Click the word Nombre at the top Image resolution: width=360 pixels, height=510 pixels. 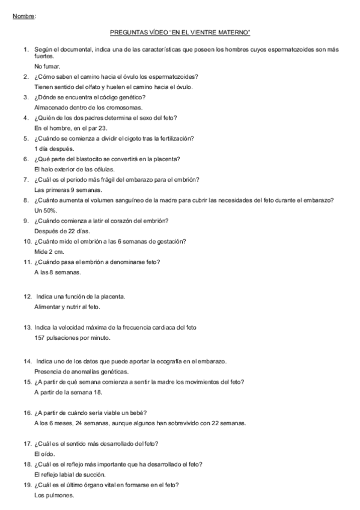[x=23, y=16]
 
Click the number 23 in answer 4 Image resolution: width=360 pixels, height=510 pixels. [x=103, y=128]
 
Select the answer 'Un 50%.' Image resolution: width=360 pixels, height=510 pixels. [x=46, y=210]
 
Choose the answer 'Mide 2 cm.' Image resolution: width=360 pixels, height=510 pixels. [x=49, y=252]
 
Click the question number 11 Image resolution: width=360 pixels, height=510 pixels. [x=27, y=262]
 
